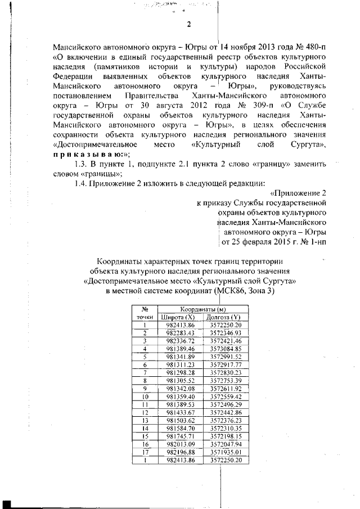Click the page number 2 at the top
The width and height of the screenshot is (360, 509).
click(189, 24)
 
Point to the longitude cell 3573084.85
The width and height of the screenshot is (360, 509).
click(226, 349)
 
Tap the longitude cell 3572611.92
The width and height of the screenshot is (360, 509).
click(226, 389)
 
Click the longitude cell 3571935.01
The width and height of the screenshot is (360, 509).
click(226, 452)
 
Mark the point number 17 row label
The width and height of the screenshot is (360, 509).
click(145, 452)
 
